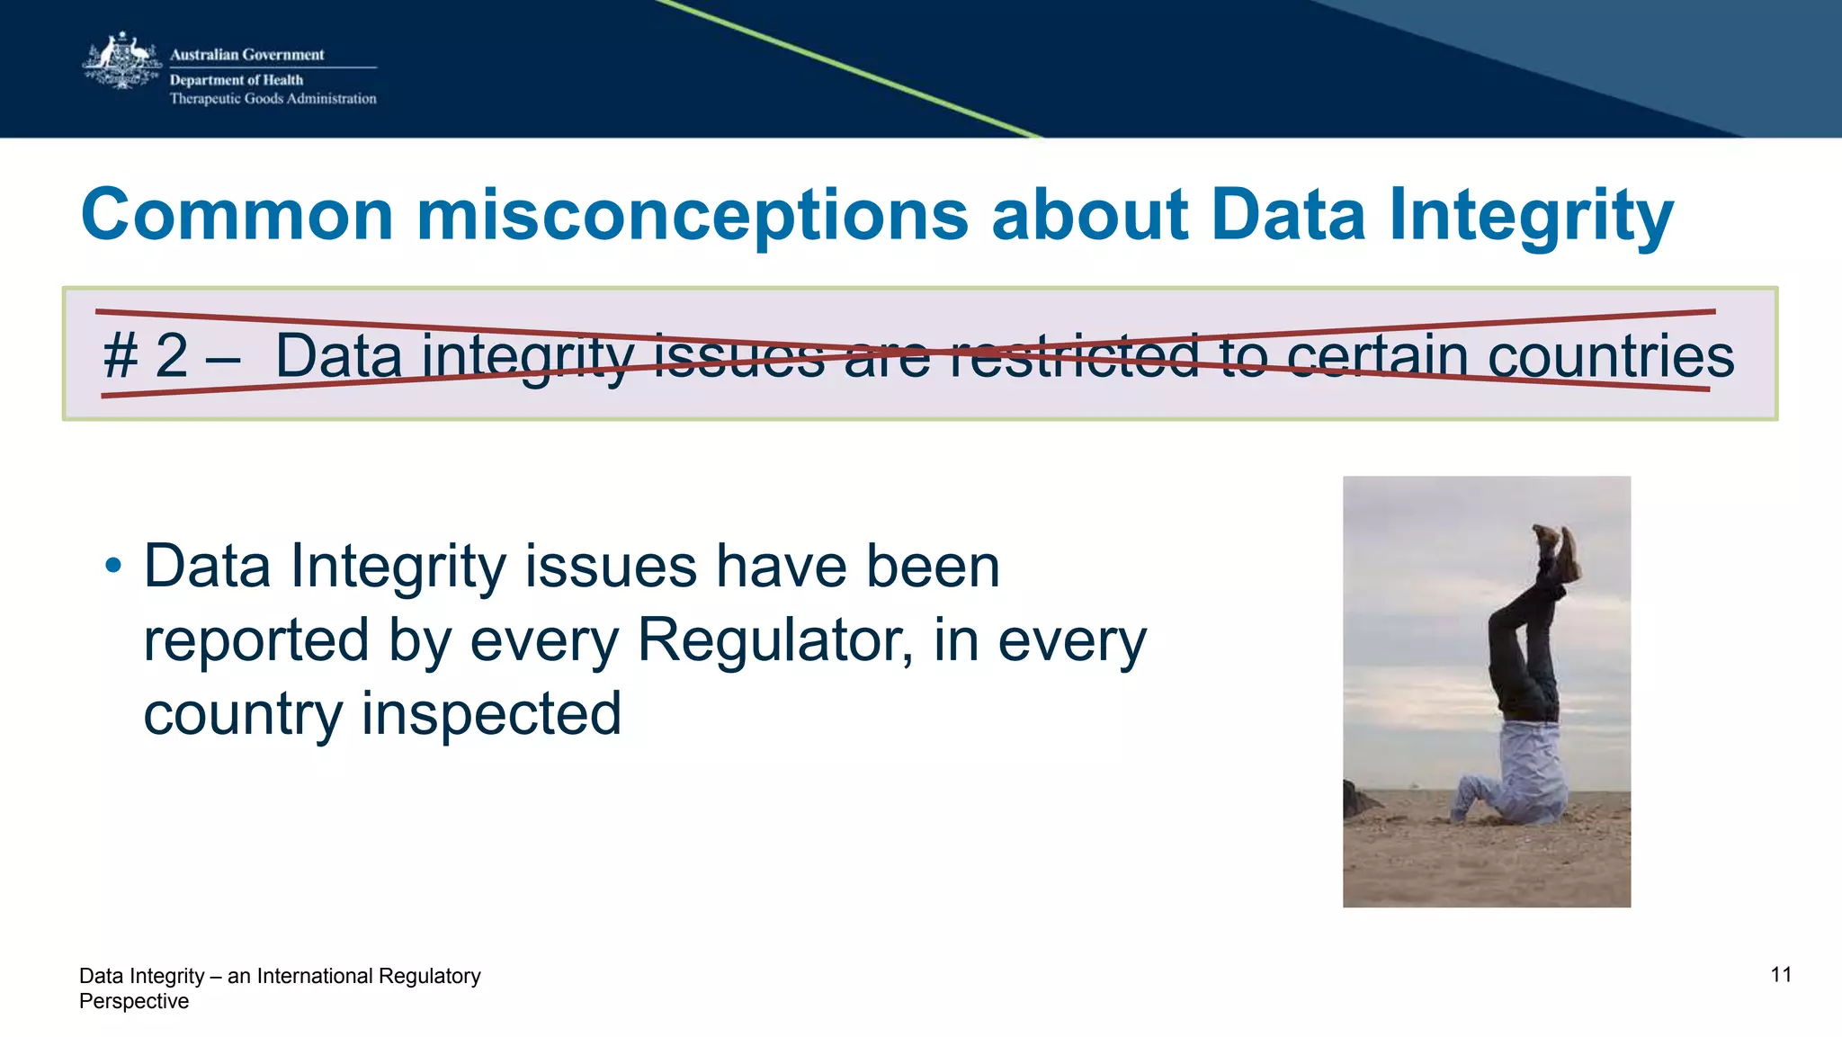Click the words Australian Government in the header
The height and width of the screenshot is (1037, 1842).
(x=246, y=55)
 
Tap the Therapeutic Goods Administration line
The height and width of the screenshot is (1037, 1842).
(x=273, y=99)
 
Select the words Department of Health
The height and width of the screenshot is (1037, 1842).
(x=236, y=80)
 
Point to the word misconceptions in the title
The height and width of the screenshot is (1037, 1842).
(x=692, y=217)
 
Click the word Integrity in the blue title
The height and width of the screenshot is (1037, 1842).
(x=1531, y=217)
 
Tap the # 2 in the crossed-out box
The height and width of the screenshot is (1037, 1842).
(x=146, y=356)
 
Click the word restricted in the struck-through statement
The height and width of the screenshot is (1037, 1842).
(x=1074, y=356)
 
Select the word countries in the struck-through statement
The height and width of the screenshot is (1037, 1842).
(x=1610, y=356)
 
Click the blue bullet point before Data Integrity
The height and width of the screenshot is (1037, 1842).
(x=112, y=567)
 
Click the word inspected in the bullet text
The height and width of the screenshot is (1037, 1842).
(x=491, y=714)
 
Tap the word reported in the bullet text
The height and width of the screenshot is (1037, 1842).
(x=256, y=642)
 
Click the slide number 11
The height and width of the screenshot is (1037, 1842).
(x=1781, y=975)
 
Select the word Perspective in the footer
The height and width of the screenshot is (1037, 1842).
(x=134, y=1002)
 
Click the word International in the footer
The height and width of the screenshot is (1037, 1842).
(x=314, y=977)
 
